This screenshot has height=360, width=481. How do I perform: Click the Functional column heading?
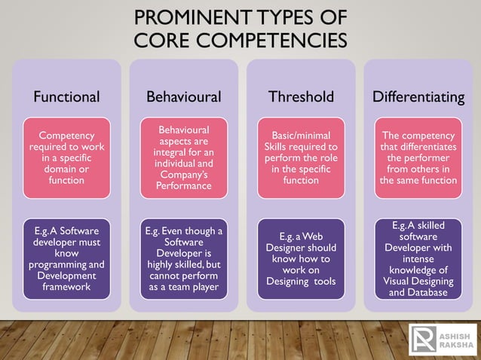coord(66,96)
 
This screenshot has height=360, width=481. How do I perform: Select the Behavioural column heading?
coord(183,96)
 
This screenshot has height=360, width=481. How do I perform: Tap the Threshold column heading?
coord(301,96)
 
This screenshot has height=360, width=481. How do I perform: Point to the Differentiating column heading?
coord(418,96)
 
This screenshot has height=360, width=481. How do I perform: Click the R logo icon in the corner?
coord(422,340)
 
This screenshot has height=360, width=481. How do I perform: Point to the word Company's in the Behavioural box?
coord(183,174)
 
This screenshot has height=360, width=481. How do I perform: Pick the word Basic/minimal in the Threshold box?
coord(301,136)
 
